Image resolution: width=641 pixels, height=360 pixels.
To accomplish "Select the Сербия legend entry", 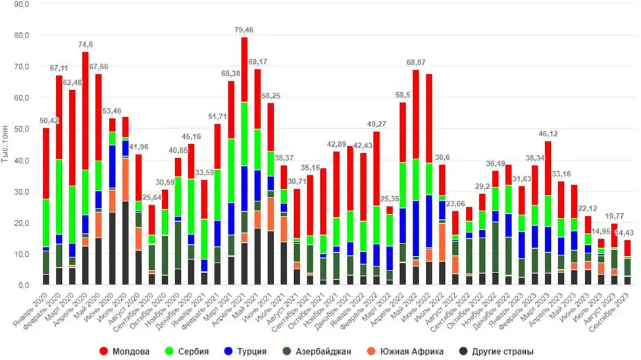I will (207, 351).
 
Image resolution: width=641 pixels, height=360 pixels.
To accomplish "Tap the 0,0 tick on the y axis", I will (23, 286).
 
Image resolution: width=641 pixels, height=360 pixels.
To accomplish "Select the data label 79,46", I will (244, 30).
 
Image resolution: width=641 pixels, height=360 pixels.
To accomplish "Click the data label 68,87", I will (416, 63).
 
